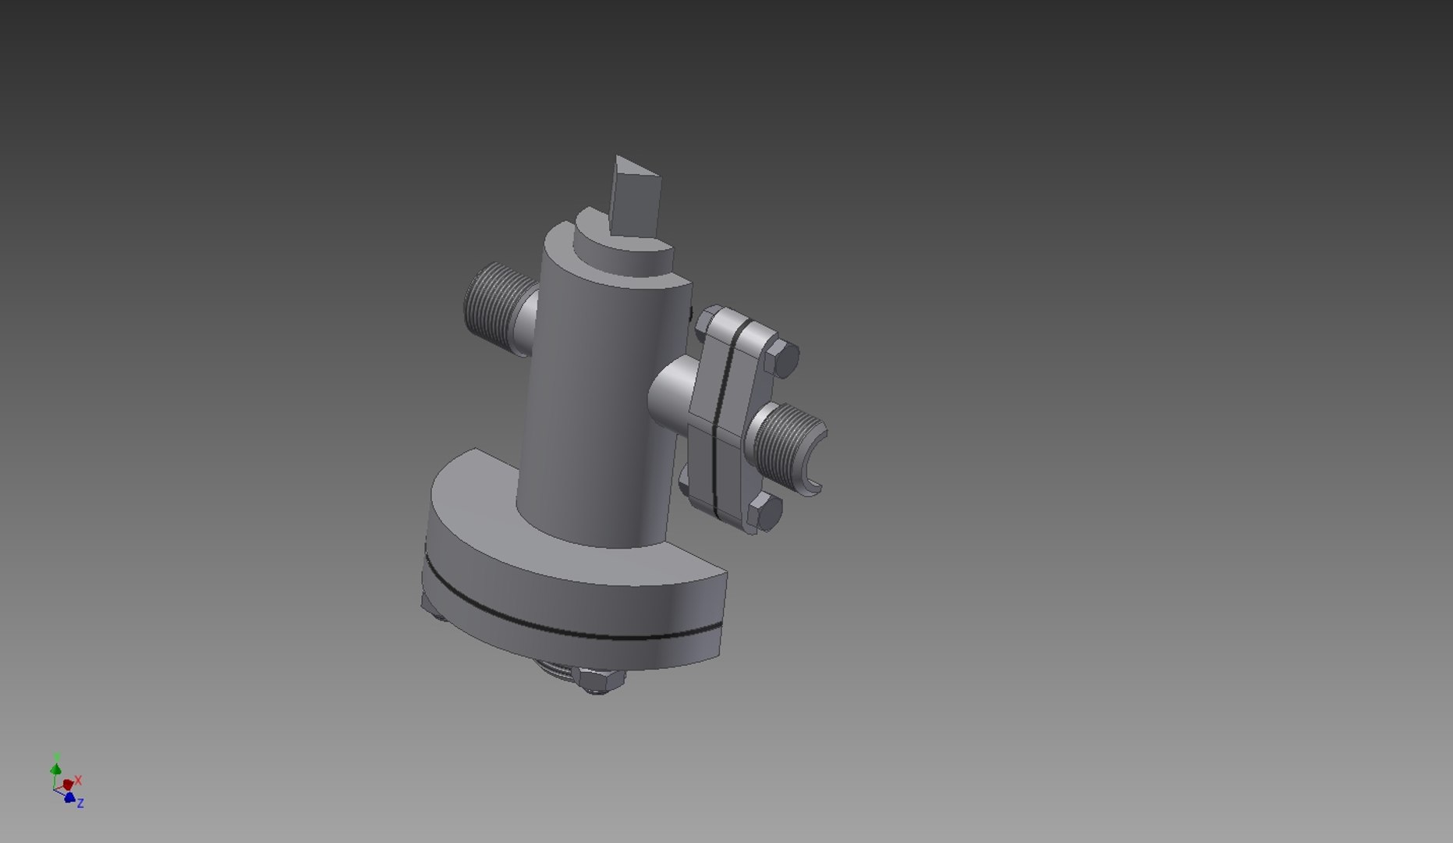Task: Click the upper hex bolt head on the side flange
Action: tap(782, 358)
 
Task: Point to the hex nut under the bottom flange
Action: tap(598, 681)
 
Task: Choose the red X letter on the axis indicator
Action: tap(78, 780)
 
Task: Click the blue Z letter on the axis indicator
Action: tap(80, 802)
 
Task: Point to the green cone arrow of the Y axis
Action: tap(55, 769)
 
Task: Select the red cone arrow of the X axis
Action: tap(68, 784)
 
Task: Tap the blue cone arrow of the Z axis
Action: tap(69, 797)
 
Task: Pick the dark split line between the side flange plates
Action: tap(721, 421)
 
